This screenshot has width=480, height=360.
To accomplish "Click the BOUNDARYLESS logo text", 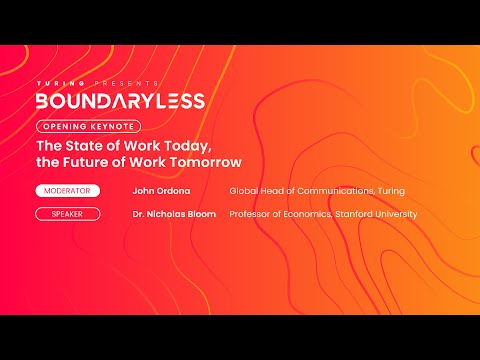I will click(x=120, y=100).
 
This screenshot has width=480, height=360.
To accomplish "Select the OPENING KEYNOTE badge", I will click(x=88, y=127).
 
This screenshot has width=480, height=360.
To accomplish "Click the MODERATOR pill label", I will click(x=67, y=190).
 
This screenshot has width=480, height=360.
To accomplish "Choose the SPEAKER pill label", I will click(x=67, y=214).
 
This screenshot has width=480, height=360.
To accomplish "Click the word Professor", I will click(x=249, y=214).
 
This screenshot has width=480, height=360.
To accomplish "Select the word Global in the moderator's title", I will click(x=243, y=190).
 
